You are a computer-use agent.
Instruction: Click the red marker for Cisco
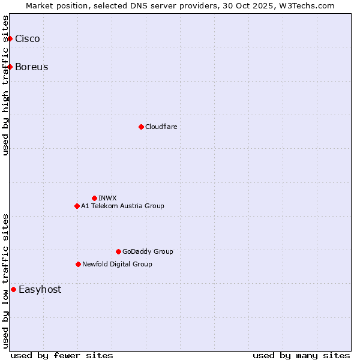click(10, 39)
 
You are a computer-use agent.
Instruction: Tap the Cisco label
click(28, 39)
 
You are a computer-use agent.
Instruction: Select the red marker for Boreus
click(10, 67)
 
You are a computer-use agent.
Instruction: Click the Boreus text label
click(32, 67)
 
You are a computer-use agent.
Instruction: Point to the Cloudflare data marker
click(141, 127)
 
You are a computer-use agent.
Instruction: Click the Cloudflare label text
click(161, 127)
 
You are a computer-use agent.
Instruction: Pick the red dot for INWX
click(94, 198)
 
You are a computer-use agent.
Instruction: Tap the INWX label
click(107, 198)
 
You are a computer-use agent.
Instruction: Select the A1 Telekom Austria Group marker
click(77, 206)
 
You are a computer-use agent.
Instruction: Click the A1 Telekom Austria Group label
click(122, 206)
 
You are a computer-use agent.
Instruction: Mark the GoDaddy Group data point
click(118, 251)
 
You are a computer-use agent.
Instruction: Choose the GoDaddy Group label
click(148, 251)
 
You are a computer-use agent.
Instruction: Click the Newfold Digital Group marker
click(78, 264)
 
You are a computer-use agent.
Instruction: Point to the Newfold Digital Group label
click(117, 264)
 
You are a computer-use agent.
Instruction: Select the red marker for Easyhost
click(13, 289)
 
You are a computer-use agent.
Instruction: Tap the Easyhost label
click(40, 289)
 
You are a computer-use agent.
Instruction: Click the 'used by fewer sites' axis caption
click(62, 355)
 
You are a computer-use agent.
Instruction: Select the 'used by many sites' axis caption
click(301, 355)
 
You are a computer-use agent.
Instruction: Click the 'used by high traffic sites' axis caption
click(5, 85)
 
